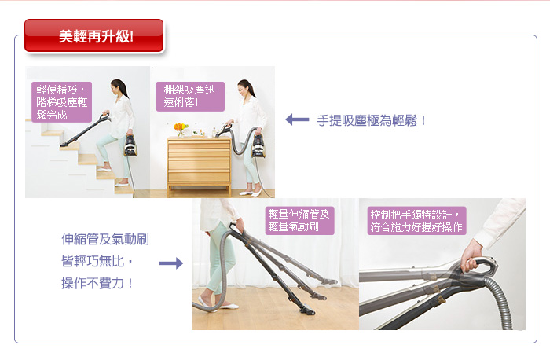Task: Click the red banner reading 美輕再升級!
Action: click(94, 36)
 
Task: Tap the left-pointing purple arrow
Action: click(297, 119)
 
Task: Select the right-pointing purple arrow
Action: click(171, 263)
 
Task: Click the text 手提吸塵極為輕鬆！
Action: click(372, 121)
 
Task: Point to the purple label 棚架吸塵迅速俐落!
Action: click(190, 97)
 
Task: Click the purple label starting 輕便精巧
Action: click(62, 102)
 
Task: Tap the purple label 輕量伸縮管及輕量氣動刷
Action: click(299, 220)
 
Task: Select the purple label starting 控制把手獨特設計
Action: click(416, 221)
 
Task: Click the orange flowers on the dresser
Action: click(181, 127)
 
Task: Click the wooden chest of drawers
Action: click(199, 165)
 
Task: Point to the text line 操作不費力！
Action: click(97, 283)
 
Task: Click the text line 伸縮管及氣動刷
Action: click(105, 239)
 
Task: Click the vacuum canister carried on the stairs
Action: click(130, 145)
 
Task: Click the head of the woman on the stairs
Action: click(117, 87)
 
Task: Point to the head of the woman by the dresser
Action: click(244, 88)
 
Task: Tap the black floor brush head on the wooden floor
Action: click(306, 310)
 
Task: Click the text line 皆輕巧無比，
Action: click(97, 262)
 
